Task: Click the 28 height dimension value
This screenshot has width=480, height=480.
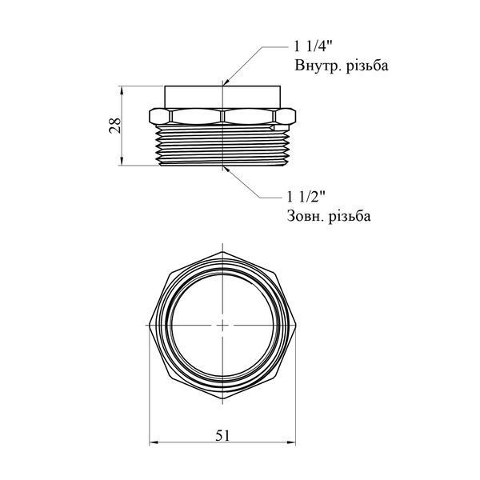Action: pos(115,126)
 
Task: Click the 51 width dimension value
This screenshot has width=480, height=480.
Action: pos(222,435)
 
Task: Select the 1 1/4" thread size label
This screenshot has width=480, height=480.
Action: pos(313,47)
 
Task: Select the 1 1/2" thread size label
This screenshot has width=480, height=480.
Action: pos(306,197)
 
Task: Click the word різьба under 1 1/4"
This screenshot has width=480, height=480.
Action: pos(367,66)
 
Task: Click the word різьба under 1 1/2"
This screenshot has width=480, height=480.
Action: pos(350,216)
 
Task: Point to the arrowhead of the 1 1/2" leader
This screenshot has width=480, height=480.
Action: pos(226,168)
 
